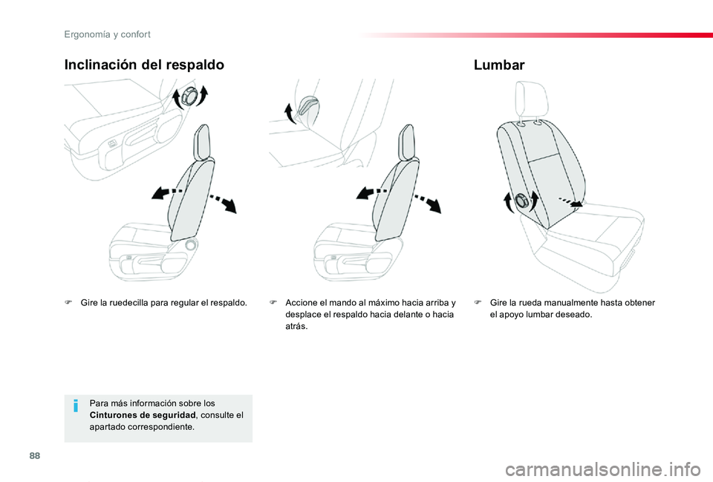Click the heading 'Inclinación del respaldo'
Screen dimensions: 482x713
point(144,65)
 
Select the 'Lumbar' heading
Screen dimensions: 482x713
point(498,65)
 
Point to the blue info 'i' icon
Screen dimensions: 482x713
point(77,407)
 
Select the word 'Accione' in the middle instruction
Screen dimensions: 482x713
point(301,302)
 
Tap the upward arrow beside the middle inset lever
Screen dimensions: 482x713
point(290,113)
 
